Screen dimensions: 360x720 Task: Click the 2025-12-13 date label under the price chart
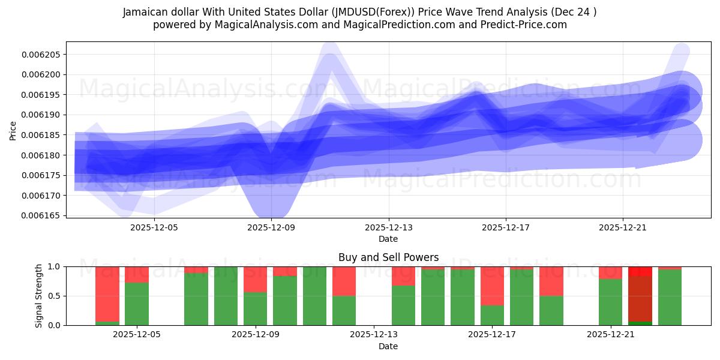pyautogui.click(x=389, y=227)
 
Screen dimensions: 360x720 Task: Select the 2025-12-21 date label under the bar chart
pyautogui.click(x=611, y=335)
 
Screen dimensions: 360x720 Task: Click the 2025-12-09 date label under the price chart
pyautogui.click(x=272, y=227)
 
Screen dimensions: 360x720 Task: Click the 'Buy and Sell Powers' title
pyautogui.click(x=388, y=257)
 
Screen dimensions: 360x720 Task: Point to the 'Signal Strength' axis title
pyautogui.click(x=39, y=295)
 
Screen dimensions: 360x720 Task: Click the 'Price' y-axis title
pyautogui.click(x=13, y=130)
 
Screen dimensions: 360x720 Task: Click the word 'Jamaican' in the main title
pyautogui.click(x=145, y=12)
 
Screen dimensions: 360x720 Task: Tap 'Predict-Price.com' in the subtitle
pyautogui.click(x=525, y=25)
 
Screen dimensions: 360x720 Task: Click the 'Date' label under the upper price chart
pyautogui.click(x=388, y=239)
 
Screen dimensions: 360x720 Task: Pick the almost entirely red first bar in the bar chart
pyautogui.click(x=107, y=295)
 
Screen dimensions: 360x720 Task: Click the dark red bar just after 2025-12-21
pyautogui.click(x=640, y=297)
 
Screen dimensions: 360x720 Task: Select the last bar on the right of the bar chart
pyautogui.click(x=670, y=296)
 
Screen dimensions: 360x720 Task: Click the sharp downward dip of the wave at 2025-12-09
pyautogui.click(x=271, y=207)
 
